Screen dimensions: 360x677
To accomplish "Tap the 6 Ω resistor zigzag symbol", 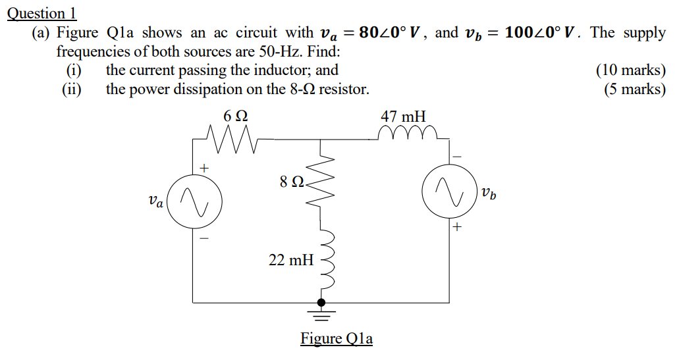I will [x=231, y=139].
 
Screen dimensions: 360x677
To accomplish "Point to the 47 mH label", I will [x=403, y=116].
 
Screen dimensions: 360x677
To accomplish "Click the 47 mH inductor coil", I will [x=408, y=134].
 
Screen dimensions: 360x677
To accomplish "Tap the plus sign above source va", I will [x=204, y=168].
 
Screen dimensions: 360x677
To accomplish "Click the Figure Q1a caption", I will [x=337, y=339].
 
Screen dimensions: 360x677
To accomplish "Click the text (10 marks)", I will [x=630, y=70].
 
